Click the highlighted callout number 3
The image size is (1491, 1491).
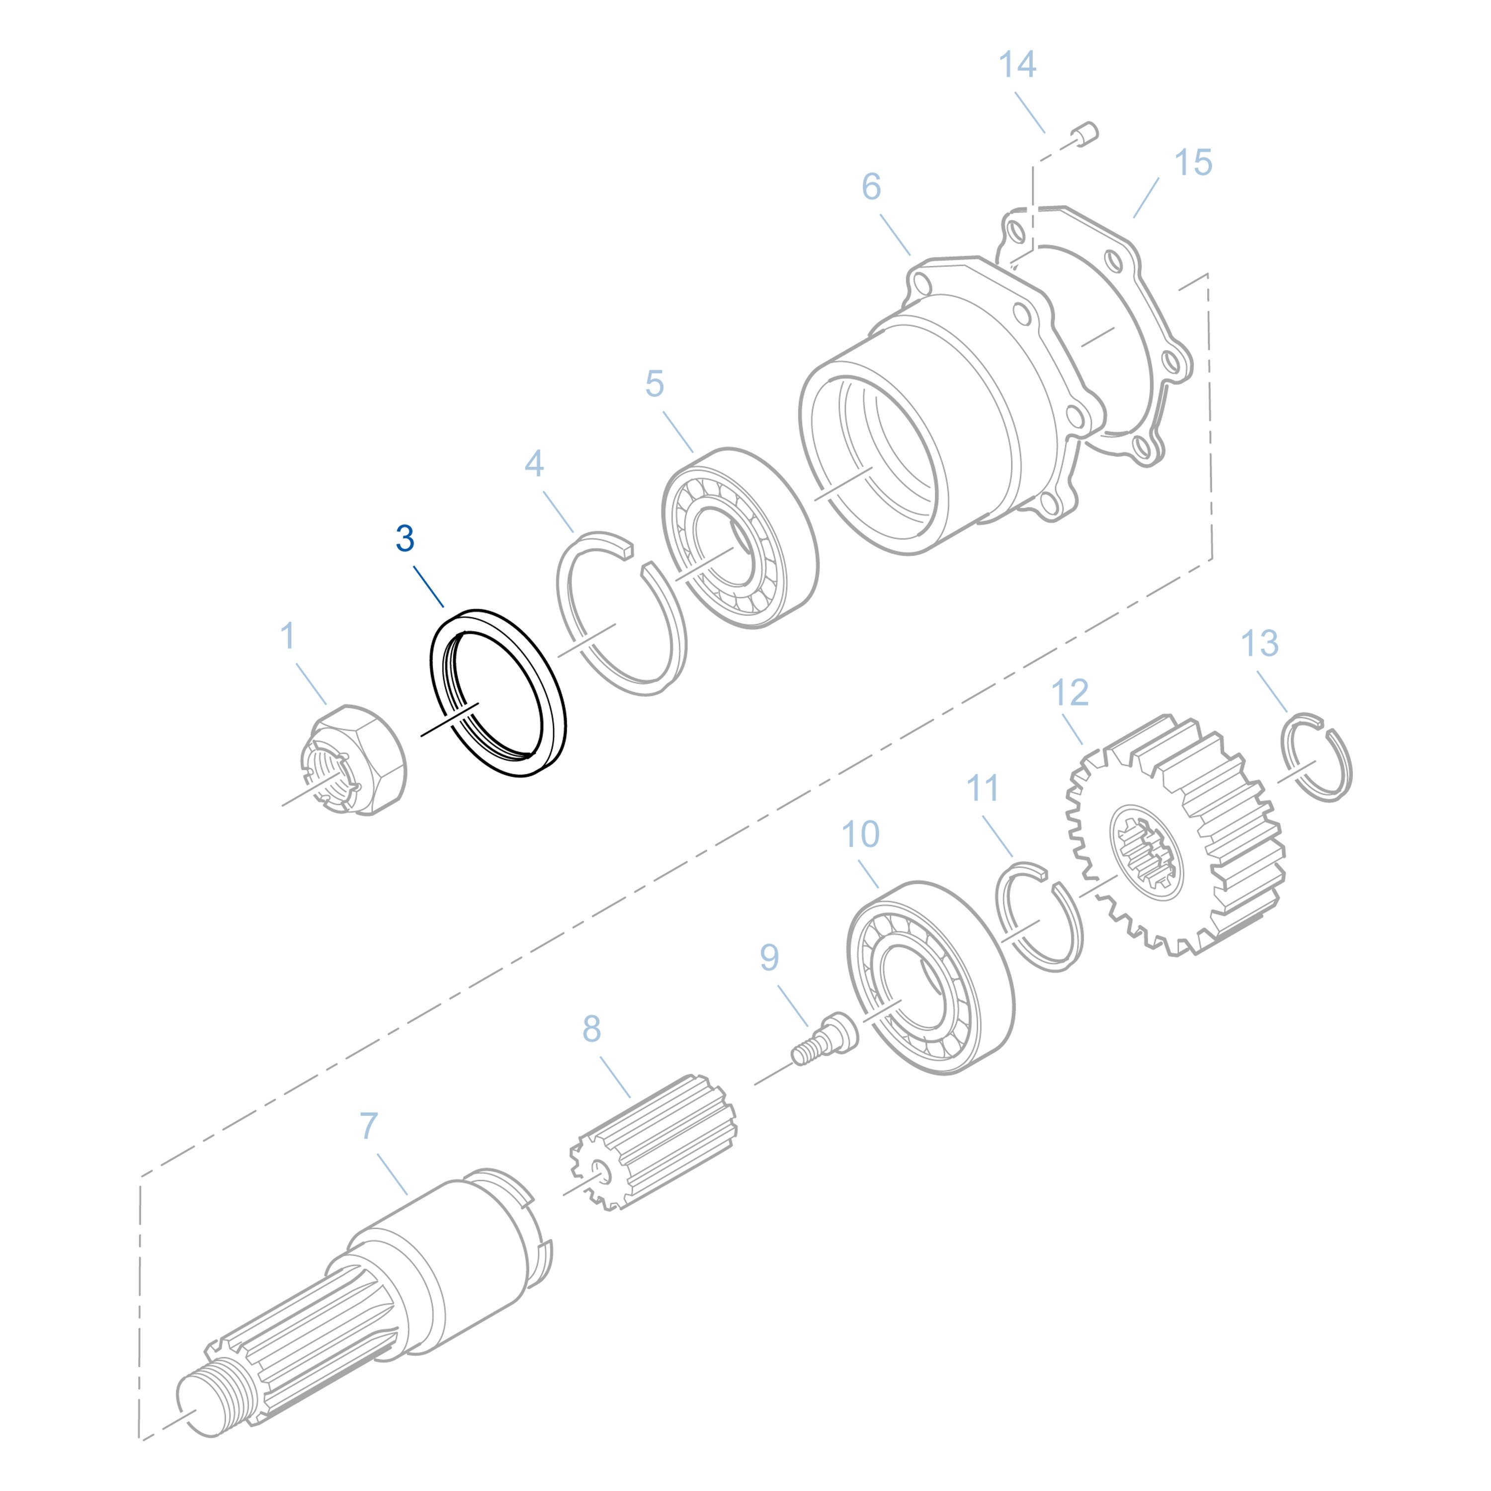point(405,539)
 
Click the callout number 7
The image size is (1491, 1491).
point(369,1126)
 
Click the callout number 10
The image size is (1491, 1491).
point(860,834)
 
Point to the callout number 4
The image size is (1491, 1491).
point(534,463)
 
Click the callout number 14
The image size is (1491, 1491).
point(1017,65)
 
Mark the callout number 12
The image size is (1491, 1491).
point(1070,693)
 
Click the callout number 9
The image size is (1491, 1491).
point(769,957)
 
